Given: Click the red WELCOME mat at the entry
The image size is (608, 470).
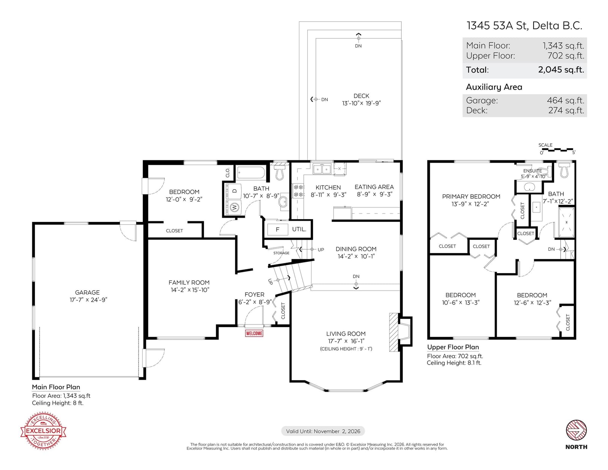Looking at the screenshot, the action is coord(254,333).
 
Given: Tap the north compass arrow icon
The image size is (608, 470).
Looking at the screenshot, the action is coord(576,430).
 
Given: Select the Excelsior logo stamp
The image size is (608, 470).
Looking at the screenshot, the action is coord(43,430).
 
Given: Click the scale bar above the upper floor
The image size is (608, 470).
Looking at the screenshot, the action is coord(557,150).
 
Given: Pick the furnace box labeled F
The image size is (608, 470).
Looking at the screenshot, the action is coord(277,229).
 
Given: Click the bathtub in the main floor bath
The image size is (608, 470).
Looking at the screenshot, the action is coord(251,172).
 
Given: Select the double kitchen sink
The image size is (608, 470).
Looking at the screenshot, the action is coord(322,169).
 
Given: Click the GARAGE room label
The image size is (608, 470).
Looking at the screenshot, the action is coord(87,292).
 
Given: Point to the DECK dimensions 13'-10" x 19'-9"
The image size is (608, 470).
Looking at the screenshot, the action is coord(361,103).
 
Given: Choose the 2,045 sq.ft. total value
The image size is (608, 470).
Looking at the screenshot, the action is coord(561,70).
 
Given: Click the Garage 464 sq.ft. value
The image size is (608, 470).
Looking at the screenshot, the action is coord(565,100).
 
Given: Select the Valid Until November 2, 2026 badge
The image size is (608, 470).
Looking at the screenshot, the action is coord(323,431).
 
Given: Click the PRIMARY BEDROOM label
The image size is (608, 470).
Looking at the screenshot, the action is coord(471,196).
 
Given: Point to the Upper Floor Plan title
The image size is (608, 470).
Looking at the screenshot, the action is coord(453,347).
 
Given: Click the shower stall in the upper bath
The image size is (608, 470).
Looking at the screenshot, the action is coord(566,222).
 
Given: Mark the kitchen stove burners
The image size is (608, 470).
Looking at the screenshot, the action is coord(298,190).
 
